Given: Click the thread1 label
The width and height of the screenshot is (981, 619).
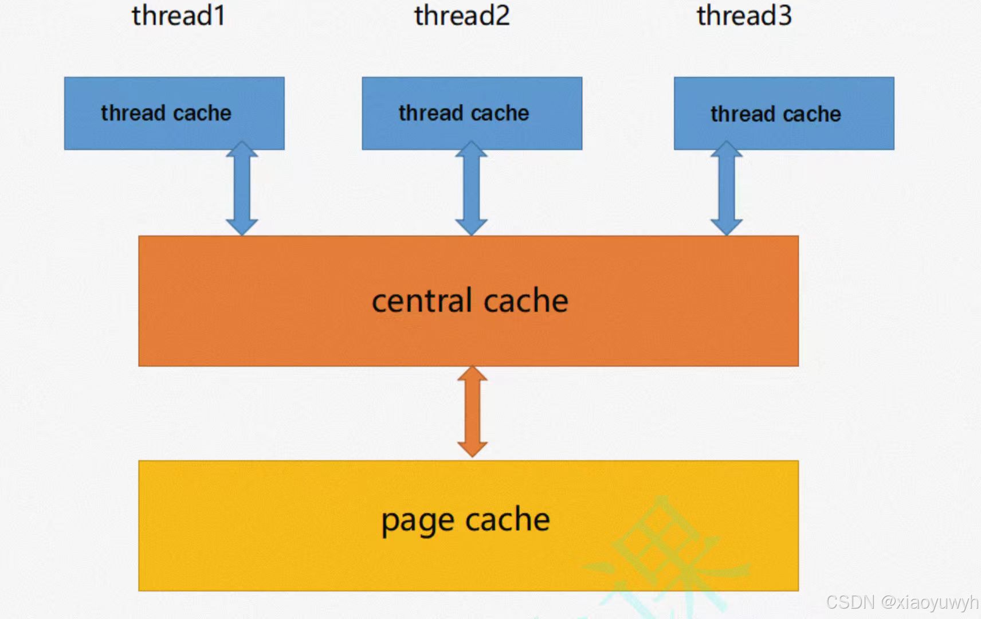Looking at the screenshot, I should pyautogui.click(x=178, y=15).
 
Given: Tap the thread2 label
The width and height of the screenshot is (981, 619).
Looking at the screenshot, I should pyautogui.click(x=462, y=15).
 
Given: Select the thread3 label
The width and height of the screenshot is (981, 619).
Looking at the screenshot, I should pyautogui.click(x=744, y=15).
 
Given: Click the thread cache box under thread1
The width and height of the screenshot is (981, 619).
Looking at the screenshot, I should pyautogui.click(x=174, y=113).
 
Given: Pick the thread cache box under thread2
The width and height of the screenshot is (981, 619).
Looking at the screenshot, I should pyautogui.click(x=472, y=113).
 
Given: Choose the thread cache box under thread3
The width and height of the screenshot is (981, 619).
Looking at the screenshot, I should pyautogui.click(x=783, y=113).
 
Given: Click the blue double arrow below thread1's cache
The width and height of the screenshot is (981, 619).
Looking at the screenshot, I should pyautogui.click(x=242, y=189).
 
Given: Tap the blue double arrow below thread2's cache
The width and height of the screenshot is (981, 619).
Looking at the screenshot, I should pyautogui.click(x=471, y=189).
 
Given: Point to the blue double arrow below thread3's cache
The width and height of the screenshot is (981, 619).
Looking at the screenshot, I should pyautogui.click(x=727, y=189).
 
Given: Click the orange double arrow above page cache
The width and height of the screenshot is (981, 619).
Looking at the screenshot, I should pyautogui.click(x=472, y=412).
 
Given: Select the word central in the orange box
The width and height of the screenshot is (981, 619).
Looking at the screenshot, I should pyautogui.click(x=422, y=301).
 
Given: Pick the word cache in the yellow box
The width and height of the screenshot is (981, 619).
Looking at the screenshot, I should pyautogui.click(x=508, y=520).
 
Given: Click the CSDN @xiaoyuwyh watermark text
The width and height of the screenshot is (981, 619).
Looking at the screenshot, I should pyautogui.click(x=901, y=602).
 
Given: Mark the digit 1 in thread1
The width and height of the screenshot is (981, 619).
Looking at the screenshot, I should pyautogui.click(x=218, y=15).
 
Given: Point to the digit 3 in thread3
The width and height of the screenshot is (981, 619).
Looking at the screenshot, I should pyautogui.click(x=784, y=15).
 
